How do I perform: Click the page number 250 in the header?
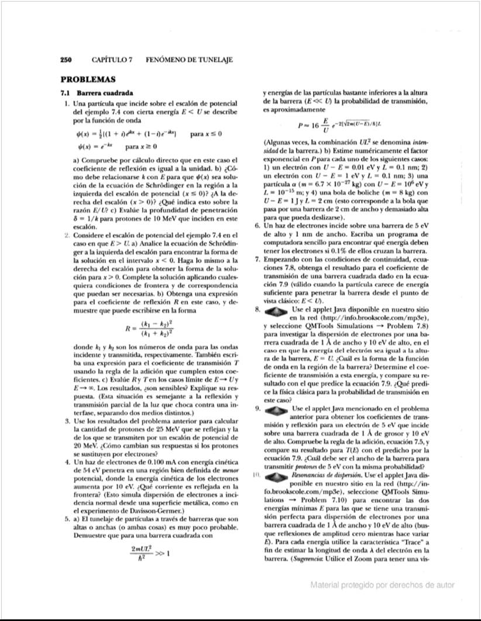pos(66,60)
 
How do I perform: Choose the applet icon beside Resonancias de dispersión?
pos(277,475)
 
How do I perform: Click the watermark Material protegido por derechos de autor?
pos(382,584)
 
